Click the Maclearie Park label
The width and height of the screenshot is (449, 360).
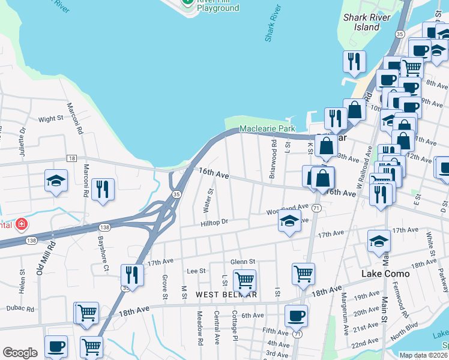pos(267,129)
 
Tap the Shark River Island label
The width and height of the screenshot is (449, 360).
pos(361,22)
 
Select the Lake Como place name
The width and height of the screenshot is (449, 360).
pos(385,274)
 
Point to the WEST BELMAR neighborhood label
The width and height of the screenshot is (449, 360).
pos(226,295)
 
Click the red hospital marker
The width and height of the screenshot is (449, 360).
pos(22,224)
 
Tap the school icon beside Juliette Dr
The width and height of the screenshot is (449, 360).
pos(56,181)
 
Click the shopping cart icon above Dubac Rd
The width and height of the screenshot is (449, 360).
pos(86,312)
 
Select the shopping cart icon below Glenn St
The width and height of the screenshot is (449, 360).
pos(244,280)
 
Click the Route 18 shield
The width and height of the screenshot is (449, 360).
pos(72,158)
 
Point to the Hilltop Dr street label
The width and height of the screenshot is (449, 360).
pos(215,221)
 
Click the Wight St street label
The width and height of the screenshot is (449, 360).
pos(51,119)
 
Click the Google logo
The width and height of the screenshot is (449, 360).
pos(20,353)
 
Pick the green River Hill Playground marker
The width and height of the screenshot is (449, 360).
pos(188,2)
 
